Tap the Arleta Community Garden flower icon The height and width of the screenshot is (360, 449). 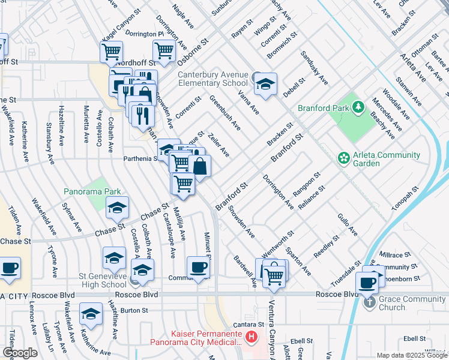point(343,158)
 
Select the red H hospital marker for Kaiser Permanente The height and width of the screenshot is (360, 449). point(252,338)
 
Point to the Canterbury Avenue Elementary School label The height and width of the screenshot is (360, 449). point(213,79)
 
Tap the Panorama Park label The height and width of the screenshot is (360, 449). point(92,192)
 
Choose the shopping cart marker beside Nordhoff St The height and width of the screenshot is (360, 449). point(111,53)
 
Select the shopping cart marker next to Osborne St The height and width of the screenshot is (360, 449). point(164,53)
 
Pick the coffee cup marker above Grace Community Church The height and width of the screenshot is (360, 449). point(367,281)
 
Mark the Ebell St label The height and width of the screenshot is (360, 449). point(414,338)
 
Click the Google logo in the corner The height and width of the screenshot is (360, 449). point(20,353)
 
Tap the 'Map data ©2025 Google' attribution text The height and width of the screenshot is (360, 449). point(412,355)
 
